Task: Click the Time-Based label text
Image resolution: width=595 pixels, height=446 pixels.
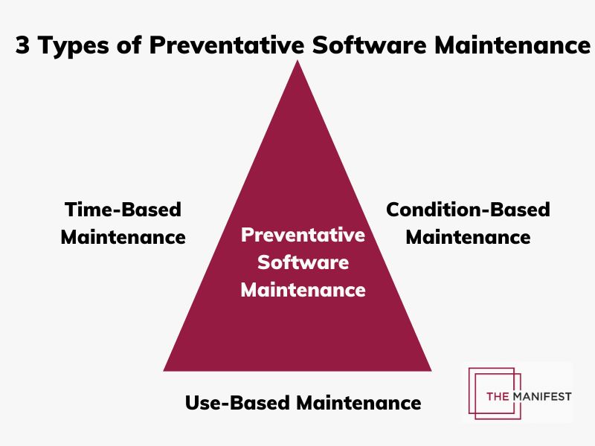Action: point(123,210)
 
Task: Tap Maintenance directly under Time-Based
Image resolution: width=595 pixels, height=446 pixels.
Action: point(123,237)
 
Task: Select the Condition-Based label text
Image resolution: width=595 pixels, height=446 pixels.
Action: point(468,210)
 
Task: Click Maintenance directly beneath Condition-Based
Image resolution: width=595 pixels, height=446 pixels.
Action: point(468,237)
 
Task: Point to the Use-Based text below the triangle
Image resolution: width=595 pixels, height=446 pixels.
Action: point(238,403)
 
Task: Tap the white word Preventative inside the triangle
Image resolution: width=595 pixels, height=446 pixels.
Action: point(303,236)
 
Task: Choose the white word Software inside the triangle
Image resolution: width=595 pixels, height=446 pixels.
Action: point(303,262)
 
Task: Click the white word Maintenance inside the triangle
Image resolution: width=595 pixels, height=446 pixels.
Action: point(303,289)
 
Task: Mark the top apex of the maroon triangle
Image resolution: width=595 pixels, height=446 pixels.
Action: point(297,62)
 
